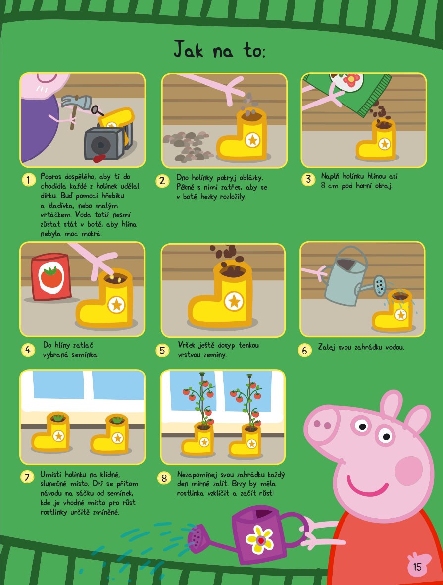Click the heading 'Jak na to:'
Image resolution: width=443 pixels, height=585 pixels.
pos(220,49)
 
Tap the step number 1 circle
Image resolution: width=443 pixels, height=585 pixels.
pos(28,180)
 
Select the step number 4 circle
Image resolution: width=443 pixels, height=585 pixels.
pos(28,350)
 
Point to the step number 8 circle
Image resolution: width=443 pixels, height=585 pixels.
pos(164,478)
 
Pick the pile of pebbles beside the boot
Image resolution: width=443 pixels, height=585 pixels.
pos(187,146)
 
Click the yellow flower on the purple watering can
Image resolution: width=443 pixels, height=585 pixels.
pos(259,539)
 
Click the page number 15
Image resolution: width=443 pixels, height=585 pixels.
pos(417,567)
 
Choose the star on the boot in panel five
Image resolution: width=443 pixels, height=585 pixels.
pos(234,301)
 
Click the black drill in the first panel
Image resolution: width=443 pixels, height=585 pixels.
pos(105,142)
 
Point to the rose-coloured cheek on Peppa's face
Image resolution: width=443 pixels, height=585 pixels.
pos(409,471)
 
